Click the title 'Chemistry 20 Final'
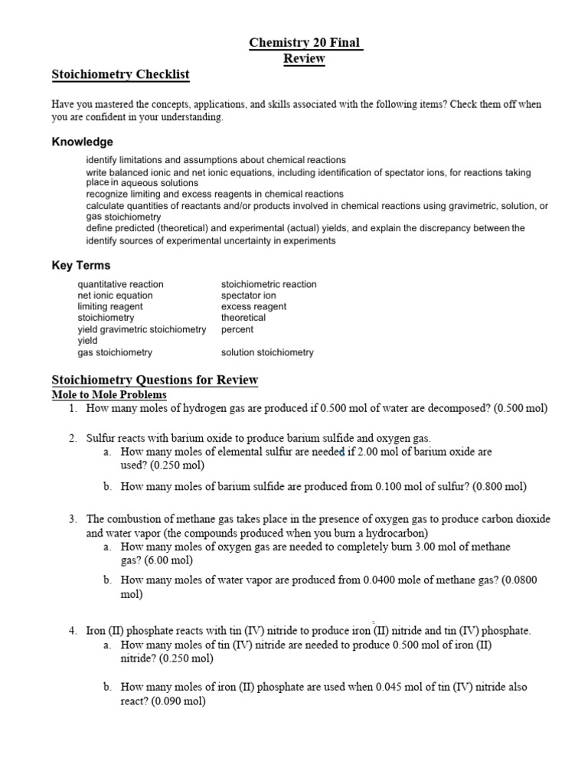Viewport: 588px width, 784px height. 305,44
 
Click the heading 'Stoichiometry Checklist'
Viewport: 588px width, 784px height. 120,74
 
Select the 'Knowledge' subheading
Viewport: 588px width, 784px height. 82,142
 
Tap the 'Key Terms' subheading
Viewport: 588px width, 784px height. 80,266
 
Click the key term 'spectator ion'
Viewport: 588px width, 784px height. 249,296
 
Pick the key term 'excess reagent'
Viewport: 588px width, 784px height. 253,306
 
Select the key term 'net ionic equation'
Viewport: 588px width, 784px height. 115,296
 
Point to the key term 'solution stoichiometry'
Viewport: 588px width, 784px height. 267,353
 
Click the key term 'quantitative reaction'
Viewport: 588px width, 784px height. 120,284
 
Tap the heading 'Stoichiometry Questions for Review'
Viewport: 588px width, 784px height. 155,380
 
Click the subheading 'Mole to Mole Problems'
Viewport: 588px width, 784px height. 109,394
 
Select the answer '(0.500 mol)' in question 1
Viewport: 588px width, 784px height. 521,408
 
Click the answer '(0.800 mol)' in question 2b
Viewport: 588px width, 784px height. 500,486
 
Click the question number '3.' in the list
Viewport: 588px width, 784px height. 73,519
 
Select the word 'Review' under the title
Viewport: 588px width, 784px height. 304,59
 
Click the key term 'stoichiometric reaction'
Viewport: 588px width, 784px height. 269,284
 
